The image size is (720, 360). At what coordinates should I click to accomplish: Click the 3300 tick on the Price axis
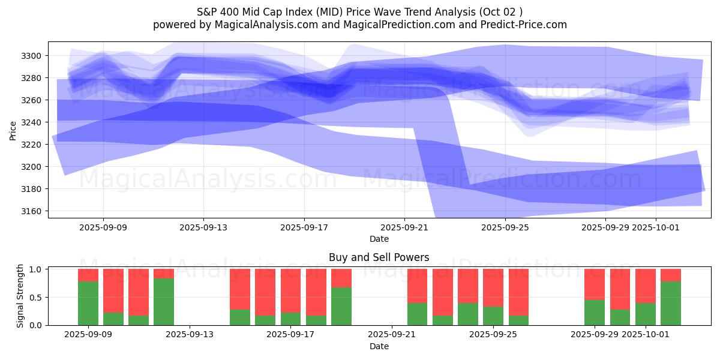[34, 56]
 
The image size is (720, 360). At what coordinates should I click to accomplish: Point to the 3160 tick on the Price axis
[34, 211]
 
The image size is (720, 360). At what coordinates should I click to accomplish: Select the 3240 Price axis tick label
[34, 122]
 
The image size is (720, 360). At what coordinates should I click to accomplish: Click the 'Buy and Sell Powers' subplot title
[379, 257]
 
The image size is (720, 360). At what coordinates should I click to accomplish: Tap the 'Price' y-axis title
[13, 130]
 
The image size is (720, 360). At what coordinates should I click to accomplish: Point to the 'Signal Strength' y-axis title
[20, 296]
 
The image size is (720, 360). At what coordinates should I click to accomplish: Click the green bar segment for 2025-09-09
[88, 303]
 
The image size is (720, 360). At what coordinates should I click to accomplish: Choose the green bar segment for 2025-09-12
[164, 301]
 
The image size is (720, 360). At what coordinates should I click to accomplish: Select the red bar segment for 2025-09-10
[113, 290]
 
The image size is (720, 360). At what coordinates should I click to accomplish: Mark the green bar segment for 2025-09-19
[341, 306]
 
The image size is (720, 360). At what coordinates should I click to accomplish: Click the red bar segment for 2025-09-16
[265, 292]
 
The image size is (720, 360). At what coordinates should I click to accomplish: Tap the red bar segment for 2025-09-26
[518, 292]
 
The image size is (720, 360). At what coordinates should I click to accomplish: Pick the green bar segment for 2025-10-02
[671, 303]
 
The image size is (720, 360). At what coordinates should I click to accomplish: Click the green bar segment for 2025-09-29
[595, 312]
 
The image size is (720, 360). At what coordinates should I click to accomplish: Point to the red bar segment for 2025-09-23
[442, 292]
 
